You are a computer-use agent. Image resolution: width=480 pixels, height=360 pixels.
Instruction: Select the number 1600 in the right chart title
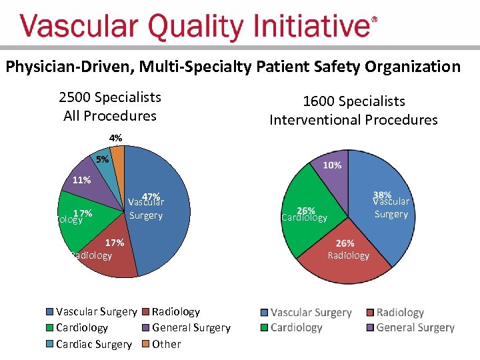[x=319, y=101]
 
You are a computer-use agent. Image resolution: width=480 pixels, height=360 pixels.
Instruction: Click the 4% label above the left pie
[x=116, y=138]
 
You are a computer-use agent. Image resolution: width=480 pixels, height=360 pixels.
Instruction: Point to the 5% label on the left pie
[x=101, y=160]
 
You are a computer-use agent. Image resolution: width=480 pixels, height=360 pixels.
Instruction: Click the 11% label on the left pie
[x=81, y=180]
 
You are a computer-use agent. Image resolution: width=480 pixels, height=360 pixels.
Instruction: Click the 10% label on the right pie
[x=332, y=165]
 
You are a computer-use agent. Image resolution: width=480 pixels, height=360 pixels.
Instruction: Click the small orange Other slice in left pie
[x=118, y=156]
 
